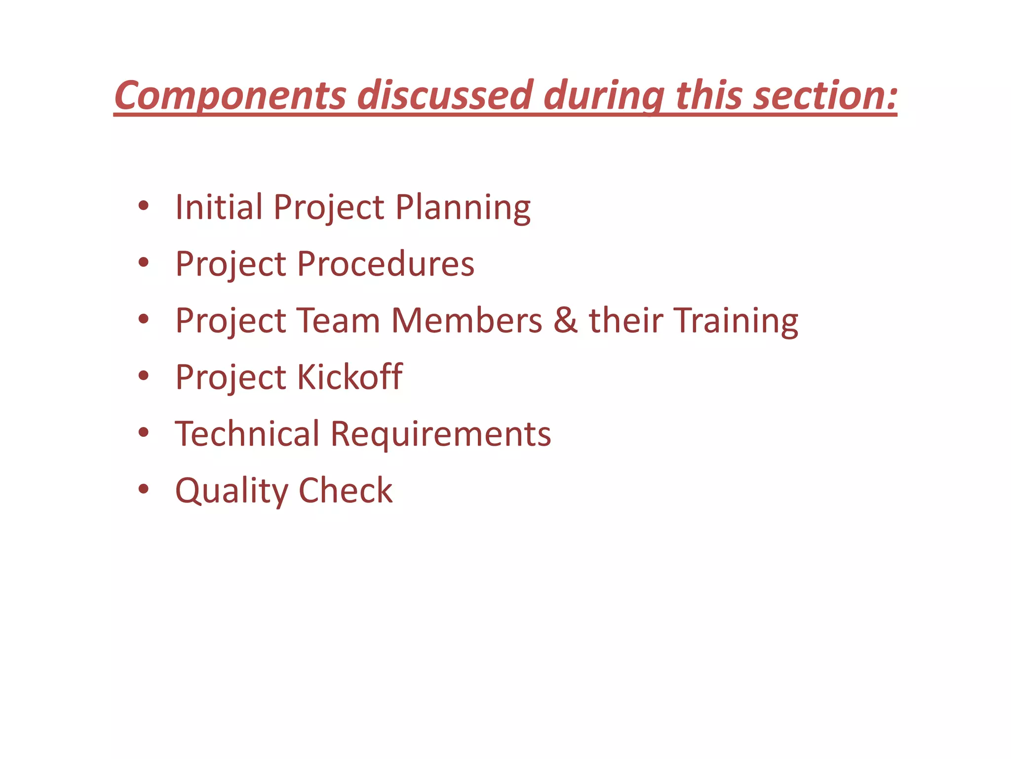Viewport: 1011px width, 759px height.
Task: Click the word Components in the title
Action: [x=230, y=95]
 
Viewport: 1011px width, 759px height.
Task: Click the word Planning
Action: [x=463, y=208]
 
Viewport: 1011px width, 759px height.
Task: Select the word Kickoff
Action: [x=350, y=377]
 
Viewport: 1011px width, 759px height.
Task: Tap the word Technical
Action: [x=247, y=434]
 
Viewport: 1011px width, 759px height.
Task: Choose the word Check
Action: [x=346, y=491]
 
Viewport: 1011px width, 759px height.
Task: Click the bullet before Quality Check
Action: [x=144, y=489]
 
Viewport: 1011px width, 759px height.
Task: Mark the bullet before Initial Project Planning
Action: [x=144, y=206]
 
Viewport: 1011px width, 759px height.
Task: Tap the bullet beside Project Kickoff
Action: [x=144, y=376]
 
